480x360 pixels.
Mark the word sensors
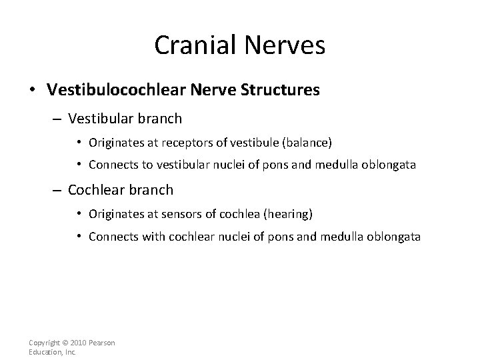(x=169, y=213)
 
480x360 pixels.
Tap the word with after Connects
(x=153, y=237)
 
